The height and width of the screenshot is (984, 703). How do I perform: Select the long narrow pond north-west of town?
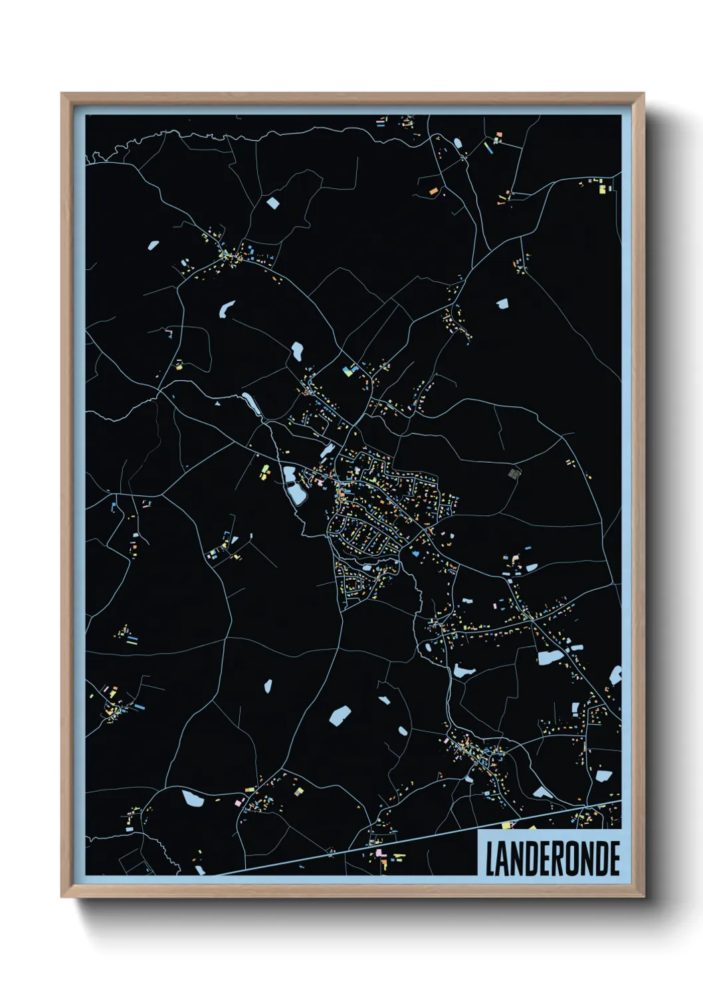[252, 404]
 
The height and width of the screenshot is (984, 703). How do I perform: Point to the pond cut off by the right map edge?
[616, 676]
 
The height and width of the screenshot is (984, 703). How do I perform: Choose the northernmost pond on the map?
[272, 203]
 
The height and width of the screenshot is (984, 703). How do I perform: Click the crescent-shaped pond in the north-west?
[227, 308]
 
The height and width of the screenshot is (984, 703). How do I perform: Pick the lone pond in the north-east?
[502, 303]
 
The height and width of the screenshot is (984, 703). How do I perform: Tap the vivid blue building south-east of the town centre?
[416, 553]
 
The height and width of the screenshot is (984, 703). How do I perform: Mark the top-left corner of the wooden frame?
[62, 94]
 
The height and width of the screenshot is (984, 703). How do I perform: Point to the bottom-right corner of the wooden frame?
[643, 897]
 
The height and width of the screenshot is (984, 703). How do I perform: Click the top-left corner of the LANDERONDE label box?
[478, 830]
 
